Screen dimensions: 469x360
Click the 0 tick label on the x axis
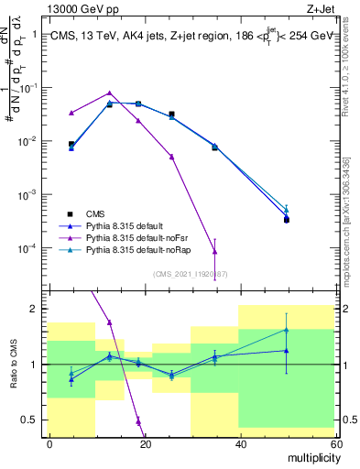pyautogui.click(x=49, y=443)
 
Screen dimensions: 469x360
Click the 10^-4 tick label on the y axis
pyautogui.click(x=25, y=249)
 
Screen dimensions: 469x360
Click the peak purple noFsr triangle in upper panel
pyautogui.click(x=110, y=93)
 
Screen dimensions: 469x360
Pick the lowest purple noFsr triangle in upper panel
pyautogui.click(x=214, y=251)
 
